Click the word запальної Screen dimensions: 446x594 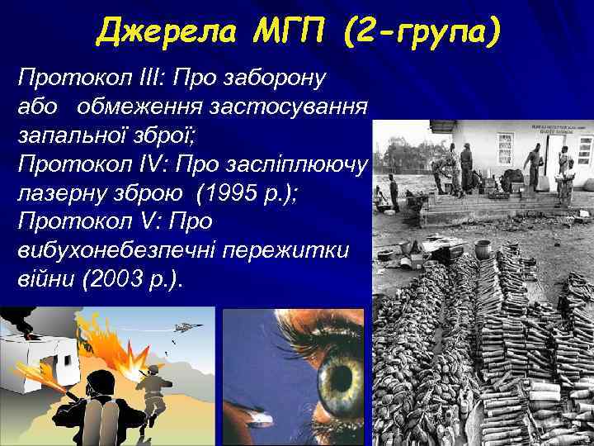click(67, 135)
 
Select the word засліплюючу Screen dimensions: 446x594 click(300, 164)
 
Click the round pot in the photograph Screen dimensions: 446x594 click(483, 249)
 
